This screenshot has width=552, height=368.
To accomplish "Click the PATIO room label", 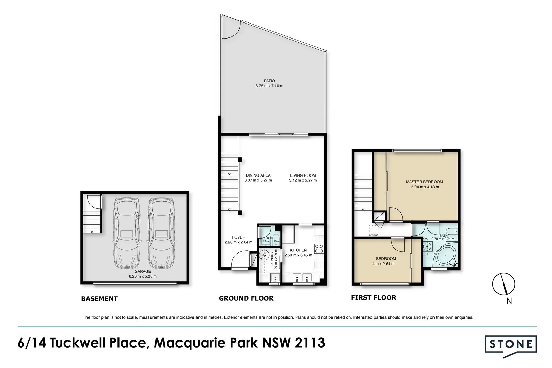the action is click(x=269, y=81).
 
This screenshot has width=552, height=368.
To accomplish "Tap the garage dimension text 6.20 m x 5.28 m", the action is click(x=143, y=276).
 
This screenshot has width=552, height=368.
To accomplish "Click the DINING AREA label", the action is click(x=258, y=175).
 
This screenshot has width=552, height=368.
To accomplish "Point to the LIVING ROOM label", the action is click(x=303, y=175).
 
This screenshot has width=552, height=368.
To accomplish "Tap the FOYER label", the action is click(x=239, y=237).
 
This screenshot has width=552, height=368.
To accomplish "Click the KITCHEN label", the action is click(x=298, y=250).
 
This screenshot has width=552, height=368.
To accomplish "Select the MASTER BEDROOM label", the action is click(x=424, y=182).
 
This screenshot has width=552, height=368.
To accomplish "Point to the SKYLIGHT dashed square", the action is click(x=373, y=229).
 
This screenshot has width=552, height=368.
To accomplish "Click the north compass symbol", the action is click(x=503, y=284).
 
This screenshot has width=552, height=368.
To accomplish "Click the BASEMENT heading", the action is click(x=99, y=299).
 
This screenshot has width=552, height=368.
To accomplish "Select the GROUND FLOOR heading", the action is click(x=246, y=298).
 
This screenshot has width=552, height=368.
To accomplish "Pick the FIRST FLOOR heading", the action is click(x=374, y=297).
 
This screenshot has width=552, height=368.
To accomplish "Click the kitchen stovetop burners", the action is click(x=319, y=248).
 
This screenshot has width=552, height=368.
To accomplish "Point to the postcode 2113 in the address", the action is click(x=310, y=342).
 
